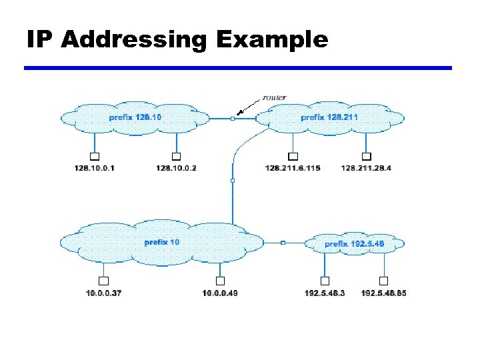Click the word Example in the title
(x=271, y=40)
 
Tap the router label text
(x=273, y=97)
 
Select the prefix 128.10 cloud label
(x=135, y=117)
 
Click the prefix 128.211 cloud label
(x=329, y=117)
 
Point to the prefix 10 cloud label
(x=162, y=242)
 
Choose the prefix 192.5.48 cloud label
(x=355, y=244)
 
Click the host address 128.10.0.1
(x=95, y=168)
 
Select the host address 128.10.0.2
(x=176, y=168)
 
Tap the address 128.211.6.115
(x=293, y=168)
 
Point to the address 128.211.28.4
(x=366, y=168)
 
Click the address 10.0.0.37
(x=104, y=293)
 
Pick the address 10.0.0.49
(x=220, y=293)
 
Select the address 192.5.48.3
(x=325, y=293)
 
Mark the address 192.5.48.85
(x=384, y=293)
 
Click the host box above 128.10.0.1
(x=95, y=156)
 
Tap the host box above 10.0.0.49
(x=220, y=281)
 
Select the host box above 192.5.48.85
(x=384, y=281)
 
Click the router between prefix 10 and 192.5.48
(x=283, y=243)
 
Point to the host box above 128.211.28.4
(x=365, y=156)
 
